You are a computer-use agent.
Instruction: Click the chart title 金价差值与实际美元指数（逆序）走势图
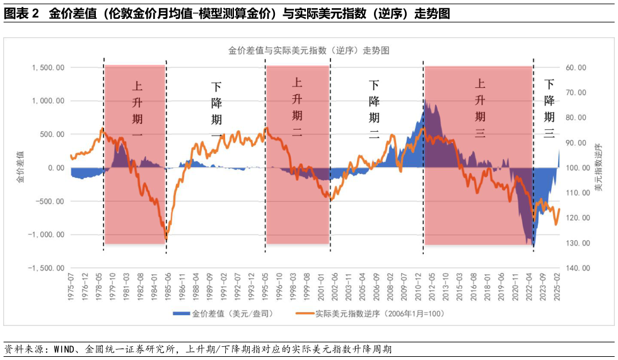(x=308, y=50)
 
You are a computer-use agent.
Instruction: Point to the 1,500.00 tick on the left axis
(x=47, y=67)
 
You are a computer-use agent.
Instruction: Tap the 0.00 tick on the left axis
(x=55, y=168)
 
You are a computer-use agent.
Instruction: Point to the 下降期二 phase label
(x=374, y=109)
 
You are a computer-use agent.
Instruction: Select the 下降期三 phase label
(x=549, y=108)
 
